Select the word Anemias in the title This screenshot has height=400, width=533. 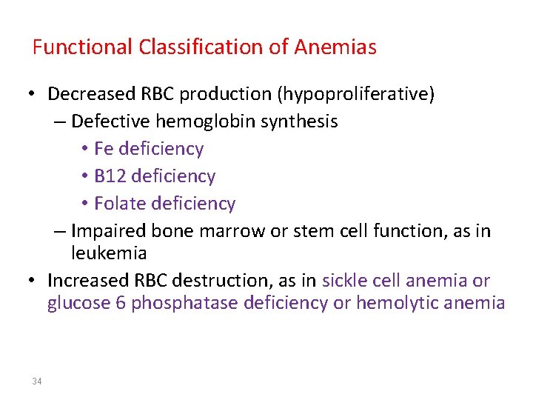(335, 48)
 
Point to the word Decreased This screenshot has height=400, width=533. (90, 95)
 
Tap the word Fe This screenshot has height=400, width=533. (104, 149)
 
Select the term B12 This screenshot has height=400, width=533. (109, 176)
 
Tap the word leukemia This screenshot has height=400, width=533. (109, 253)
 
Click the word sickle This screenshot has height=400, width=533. (342, 281)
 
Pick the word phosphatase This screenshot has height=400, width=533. (184, 303)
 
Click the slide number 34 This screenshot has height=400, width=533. (37, 381)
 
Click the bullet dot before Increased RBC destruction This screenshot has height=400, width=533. (33, 282)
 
